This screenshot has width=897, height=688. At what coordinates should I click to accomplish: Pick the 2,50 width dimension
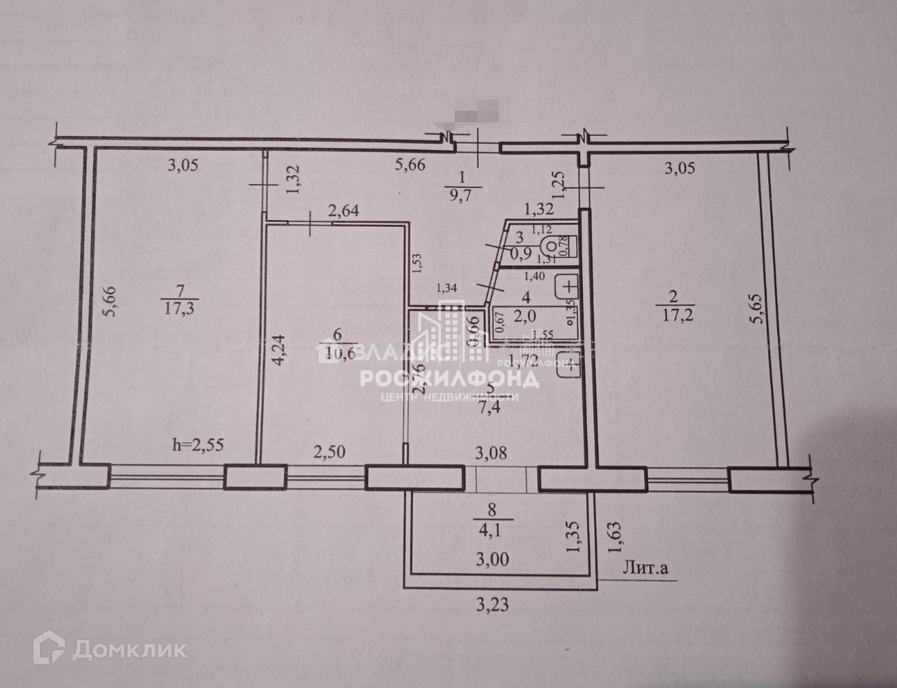[x=328, y=450]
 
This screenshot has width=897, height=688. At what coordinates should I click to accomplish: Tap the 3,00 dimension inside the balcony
[x=493, y=560]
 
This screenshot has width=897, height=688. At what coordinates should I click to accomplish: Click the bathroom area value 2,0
[x=525, y=315]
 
